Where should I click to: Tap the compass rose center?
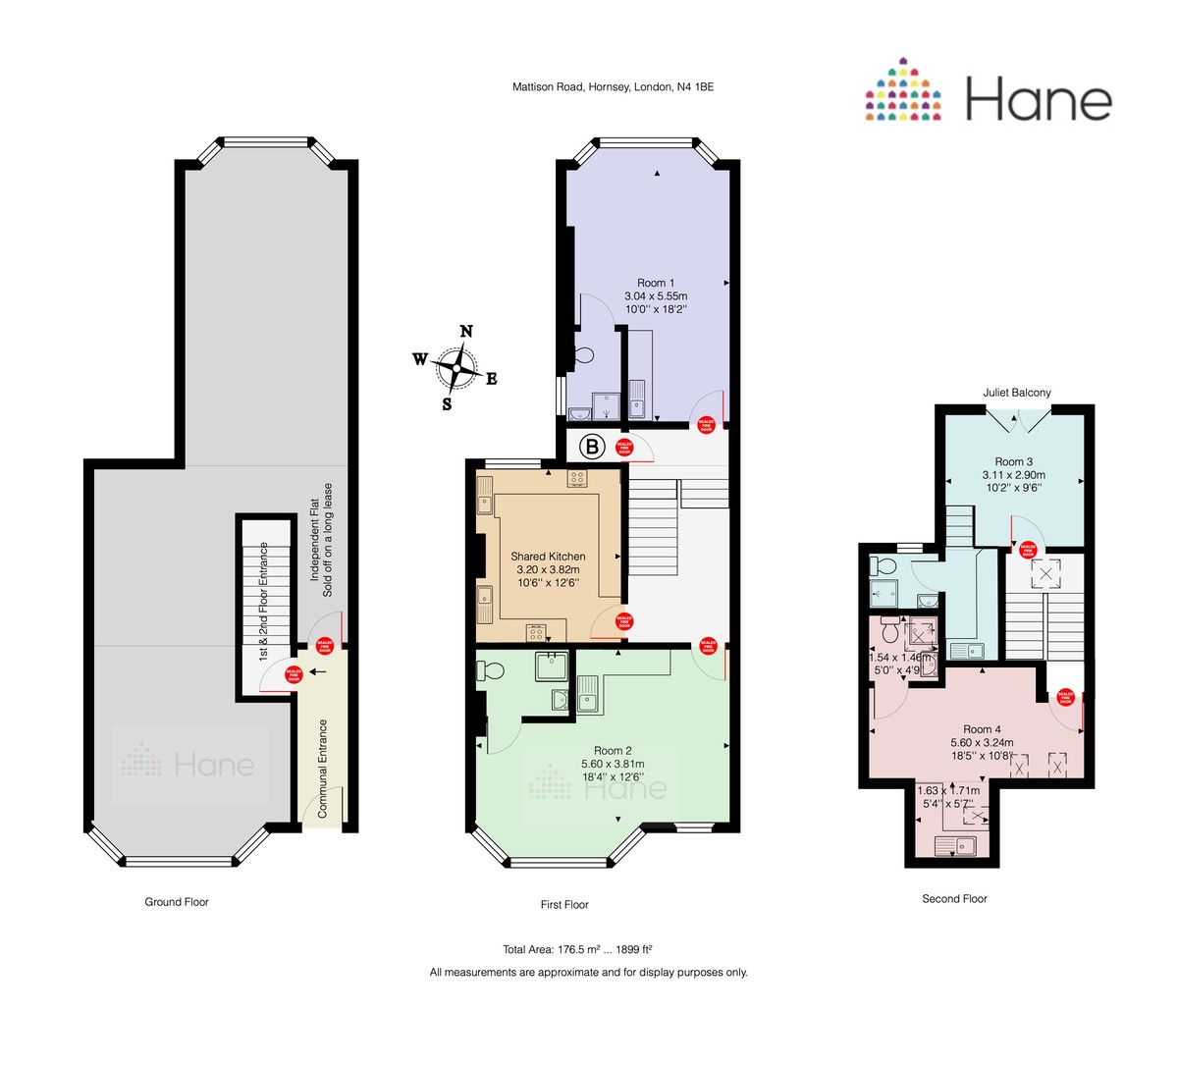coord(456,366)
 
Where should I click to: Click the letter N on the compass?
coord(467,331)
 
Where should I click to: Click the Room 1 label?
coord(656,283)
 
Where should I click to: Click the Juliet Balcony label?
coord(1017,393)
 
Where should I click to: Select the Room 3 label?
coord(1014,461)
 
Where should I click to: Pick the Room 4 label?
coord(982,729)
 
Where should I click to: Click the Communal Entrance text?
coord(322,769)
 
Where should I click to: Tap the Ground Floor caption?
coord(177,902)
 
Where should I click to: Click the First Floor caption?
coord(564,904)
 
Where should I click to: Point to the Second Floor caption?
coord(954,898)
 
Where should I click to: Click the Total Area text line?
coord(578,949)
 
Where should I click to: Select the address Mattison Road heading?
coord(613,86)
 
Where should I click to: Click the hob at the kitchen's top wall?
coord(577,478)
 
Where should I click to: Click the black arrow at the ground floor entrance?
coord(317,671)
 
